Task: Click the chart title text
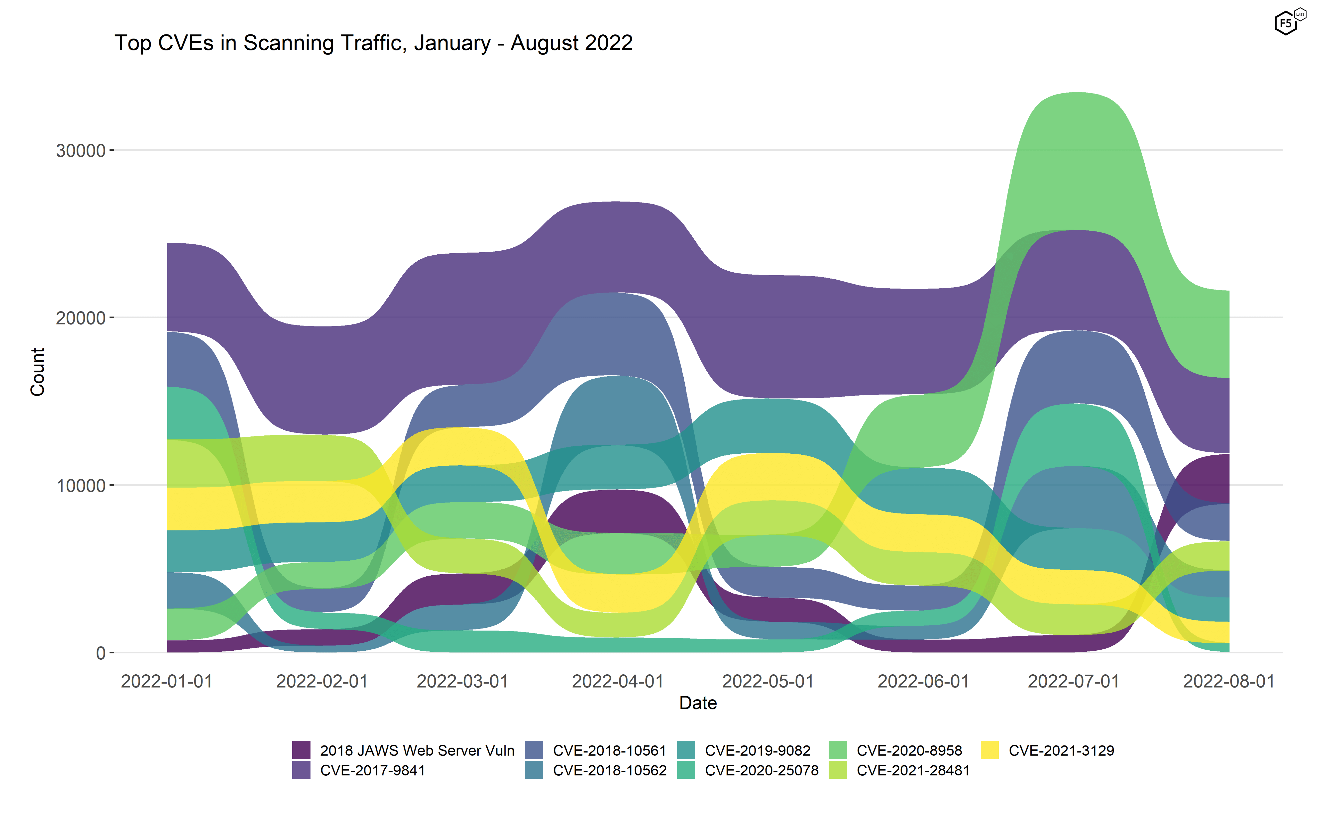point(373,43)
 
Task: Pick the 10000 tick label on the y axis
point(81,486)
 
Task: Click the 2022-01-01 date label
point(167,682)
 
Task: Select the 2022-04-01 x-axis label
point(618,682)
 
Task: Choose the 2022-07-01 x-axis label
point(1073,682)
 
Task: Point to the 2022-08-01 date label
point(1229,682)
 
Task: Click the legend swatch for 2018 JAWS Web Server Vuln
point(301,750)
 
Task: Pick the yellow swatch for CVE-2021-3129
point(990,750)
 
